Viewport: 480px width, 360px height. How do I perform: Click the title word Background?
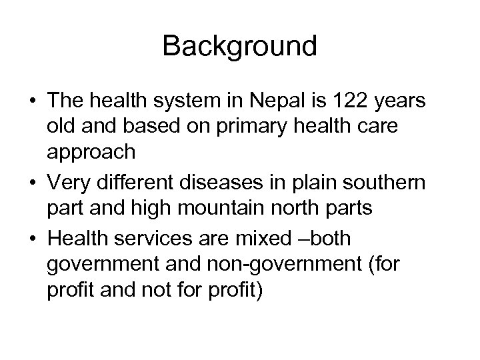239,46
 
